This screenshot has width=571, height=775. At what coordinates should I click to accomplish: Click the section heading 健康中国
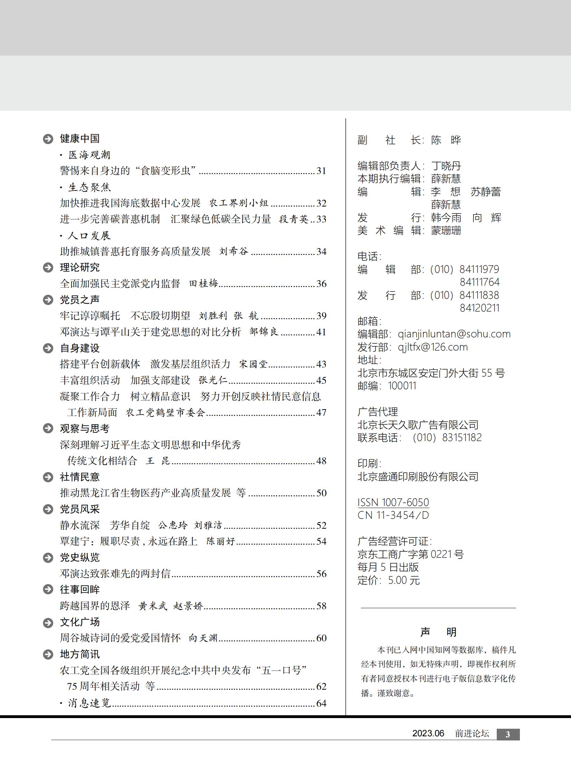pos(79,138)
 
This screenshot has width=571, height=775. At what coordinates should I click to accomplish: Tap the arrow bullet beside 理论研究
pos(48,267)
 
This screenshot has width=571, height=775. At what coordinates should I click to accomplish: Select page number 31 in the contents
pos(321,171)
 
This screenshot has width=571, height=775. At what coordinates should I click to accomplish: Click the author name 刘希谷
pos(234,251)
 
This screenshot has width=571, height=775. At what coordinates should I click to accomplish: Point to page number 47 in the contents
pos(321,413)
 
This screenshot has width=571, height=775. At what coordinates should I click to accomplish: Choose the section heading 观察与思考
pos(85,429)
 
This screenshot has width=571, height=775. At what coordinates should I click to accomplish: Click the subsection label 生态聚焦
pos(89,187)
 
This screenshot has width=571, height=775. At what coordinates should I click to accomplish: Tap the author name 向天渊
pos(203,638)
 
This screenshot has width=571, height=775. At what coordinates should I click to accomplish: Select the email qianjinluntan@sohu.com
pos(454,334)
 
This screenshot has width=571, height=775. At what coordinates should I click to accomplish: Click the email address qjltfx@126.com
pos(432,347)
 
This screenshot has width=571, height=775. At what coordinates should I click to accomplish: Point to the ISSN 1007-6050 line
pos(393,502)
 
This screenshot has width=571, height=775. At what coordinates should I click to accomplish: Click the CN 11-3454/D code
pos(393,515)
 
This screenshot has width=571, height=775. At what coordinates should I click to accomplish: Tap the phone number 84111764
pos(479,282)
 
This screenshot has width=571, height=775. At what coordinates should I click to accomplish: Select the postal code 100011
pos(402,385)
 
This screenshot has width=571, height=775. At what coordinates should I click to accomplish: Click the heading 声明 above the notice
pos(438,632)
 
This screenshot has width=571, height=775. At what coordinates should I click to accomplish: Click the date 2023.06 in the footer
pos(428,734)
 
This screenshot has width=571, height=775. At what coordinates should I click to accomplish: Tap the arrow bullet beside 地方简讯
pos(48,654)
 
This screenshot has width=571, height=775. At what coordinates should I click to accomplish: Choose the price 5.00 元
pos(404,580)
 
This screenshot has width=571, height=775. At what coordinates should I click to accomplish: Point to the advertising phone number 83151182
pos(462,438)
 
